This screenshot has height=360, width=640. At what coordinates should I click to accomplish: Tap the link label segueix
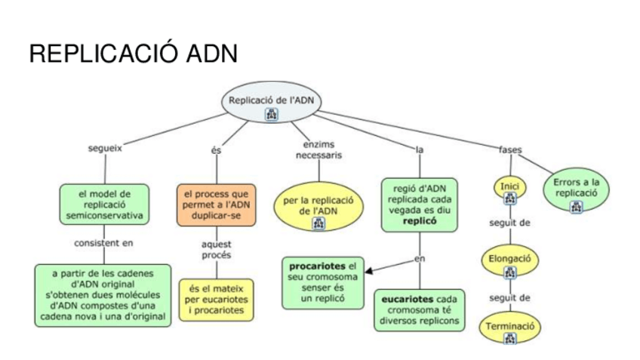pos(106,149)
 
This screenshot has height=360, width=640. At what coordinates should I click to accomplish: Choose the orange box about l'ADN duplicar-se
pos(216,205)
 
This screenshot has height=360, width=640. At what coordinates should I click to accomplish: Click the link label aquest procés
pos(216,249)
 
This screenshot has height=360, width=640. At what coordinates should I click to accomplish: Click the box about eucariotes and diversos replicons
pos(420,309)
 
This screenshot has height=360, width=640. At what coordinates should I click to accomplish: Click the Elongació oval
pos(510,260)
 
